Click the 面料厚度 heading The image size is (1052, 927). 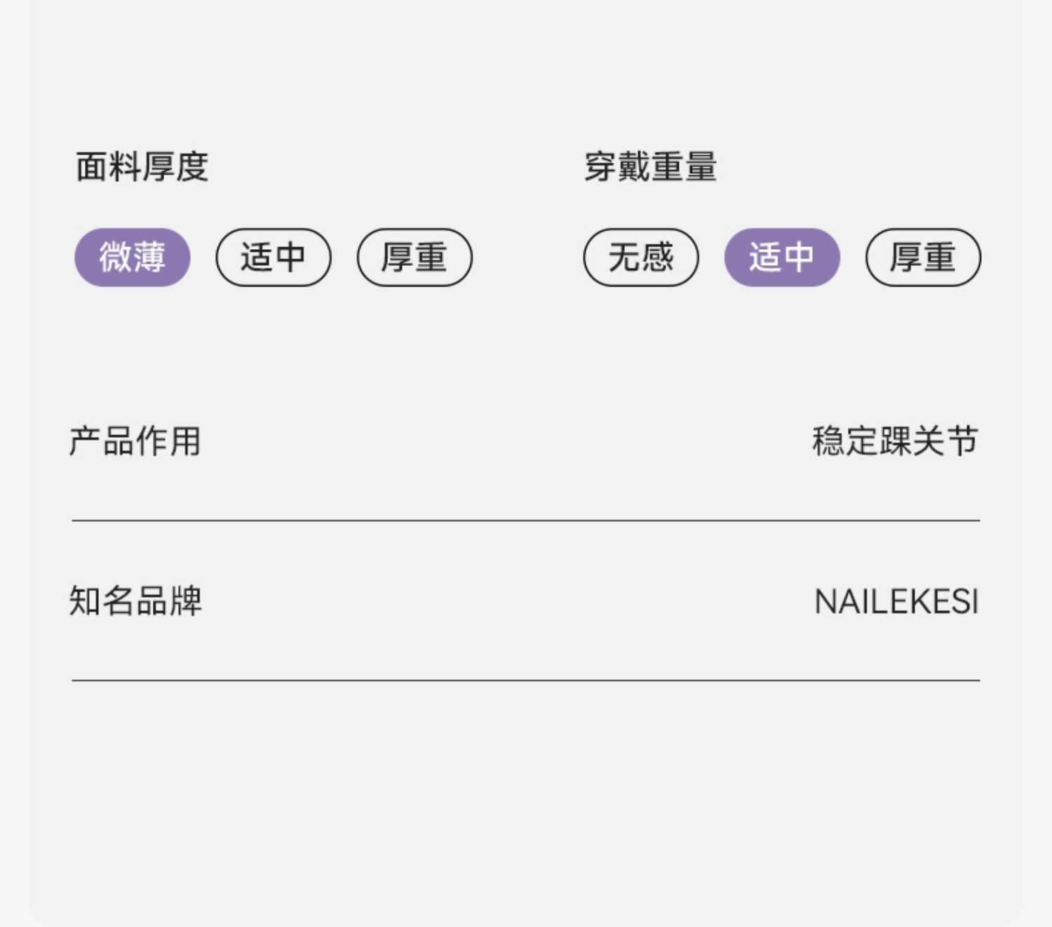pos(142,167)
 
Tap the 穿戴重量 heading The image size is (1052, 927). pos(650,167)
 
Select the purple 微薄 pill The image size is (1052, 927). pos(133,257)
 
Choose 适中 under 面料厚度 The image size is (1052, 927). pos(273,257)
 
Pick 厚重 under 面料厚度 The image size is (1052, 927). pos(414,257)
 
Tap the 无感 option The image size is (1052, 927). pos(641,257)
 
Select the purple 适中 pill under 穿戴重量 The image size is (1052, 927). pos(782,257)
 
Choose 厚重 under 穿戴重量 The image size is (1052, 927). pos(923,257)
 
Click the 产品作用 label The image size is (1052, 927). pos(135,441)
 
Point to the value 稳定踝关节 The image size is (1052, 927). pos(895,441)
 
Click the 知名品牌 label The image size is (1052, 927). pos(135,601)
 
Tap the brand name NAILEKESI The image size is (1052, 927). pos(896,602)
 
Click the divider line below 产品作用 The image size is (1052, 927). pos(526,521)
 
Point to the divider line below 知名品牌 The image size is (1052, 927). pos(526,680)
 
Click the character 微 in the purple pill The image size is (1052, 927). pos(116,257)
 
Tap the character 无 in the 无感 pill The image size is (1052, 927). pos(624,257)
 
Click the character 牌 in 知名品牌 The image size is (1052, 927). pos(186,601)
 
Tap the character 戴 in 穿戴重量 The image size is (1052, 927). pos(634,167)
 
